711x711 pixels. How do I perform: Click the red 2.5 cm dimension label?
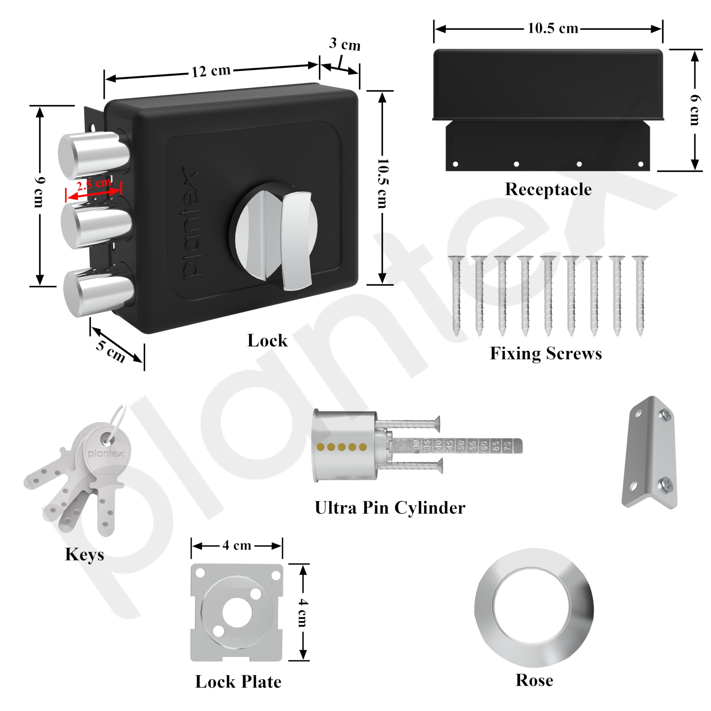[94, 184]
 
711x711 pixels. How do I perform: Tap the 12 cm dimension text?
[211, 71]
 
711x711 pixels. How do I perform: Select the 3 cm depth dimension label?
[344, 44]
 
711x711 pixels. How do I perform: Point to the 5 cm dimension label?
[111, 351]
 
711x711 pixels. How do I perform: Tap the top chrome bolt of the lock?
[94, 155]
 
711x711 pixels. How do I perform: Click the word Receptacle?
[548, 189]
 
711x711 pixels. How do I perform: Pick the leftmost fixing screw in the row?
[456, 294]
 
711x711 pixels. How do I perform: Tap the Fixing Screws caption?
[546, 354]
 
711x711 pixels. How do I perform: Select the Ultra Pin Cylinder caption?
[390, 508]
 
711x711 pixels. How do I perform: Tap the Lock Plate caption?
[238, 682]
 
